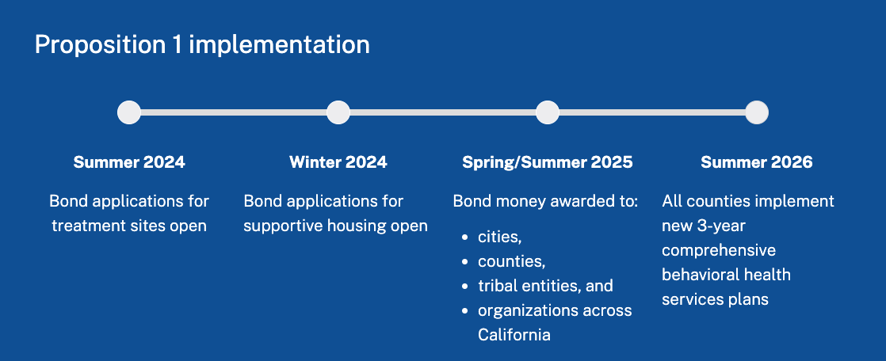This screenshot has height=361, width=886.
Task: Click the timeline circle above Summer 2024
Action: click(x=129, y=112)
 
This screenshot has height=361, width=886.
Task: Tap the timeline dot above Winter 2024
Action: click(x=338, y=112)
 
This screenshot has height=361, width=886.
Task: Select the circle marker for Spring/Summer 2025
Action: click(x=547, y=112)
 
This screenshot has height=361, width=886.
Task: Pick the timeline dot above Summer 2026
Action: click(x=757, y=112)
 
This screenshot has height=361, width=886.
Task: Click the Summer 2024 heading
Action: click(x=129, y=162)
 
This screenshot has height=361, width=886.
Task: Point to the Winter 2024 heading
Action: click(x=338, y=162)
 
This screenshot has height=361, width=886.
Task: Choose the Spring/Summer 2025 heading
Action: click(x=547, y=162)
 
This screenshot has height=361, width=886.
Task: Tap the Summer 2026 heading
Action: click(x=757, y=162)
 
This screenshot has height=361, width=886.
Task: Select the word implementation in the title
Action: click(x=279, y=45)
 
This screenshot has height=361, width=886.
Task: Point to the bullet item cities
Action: click(x=499, y=237)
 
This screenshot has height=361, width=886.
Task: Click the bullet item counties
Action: click(x=511, y=262)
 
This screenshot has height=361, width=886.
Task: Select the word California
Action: click(x=514, y=335)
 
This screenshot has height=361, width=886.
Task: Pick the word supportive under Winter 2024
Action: click(x=285, y=226)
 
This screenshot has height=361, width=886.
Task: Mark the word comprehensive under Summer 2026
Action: click(x=719, y=250)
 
